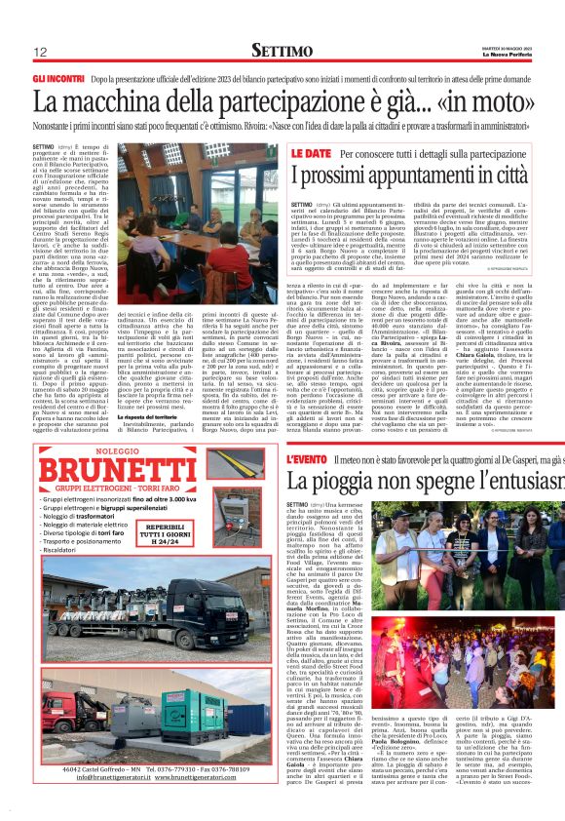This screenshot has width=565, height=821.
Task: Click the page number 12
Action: click(x=41, y=51)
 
